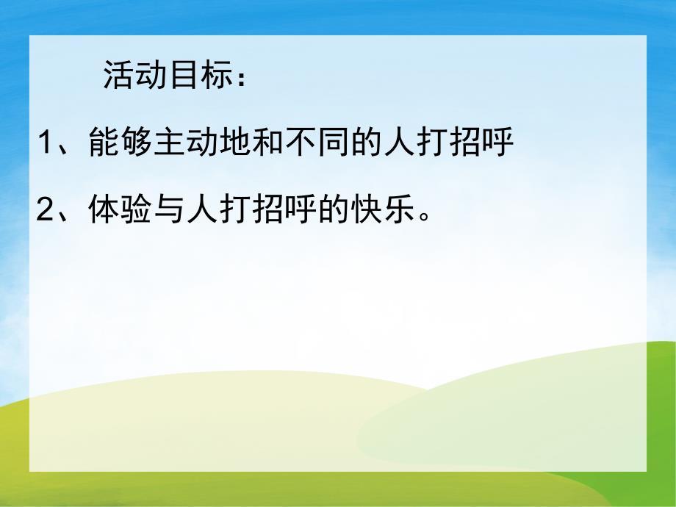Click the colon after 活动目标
tap(243, 80)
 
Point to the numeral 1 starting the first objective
tap(46, 143)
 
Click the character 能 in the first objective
tap(104, 143)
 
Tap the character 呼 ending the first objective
tap(495, 143)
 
